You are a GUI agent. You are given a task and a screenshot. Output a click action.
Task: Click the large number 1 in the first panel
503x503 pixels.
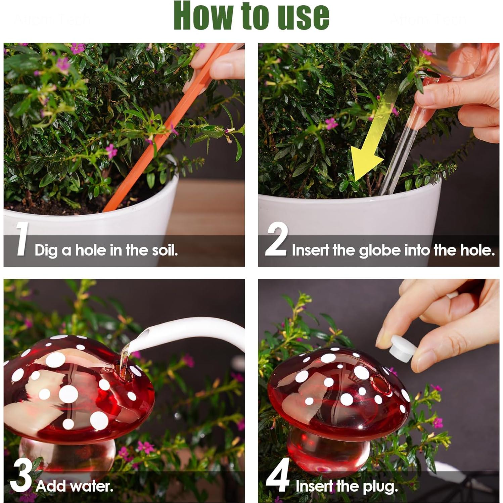click(x=23, y=239)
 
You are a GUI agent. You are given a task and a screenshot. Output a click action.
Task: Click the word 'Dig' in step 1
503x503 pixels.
click(x=46, y=251)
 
